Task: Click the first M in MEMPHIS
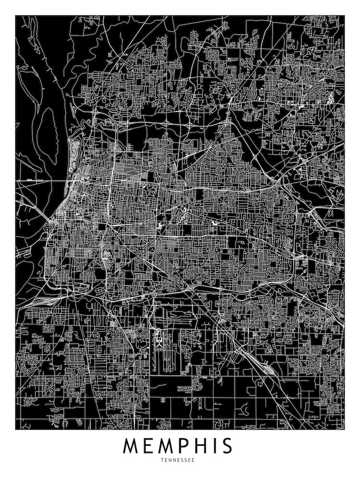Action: click(x=133, y=446)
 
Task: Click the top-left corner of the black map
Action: click(x=15, y=15)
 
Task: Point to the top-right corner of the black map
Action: click(x=345, y=15)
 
